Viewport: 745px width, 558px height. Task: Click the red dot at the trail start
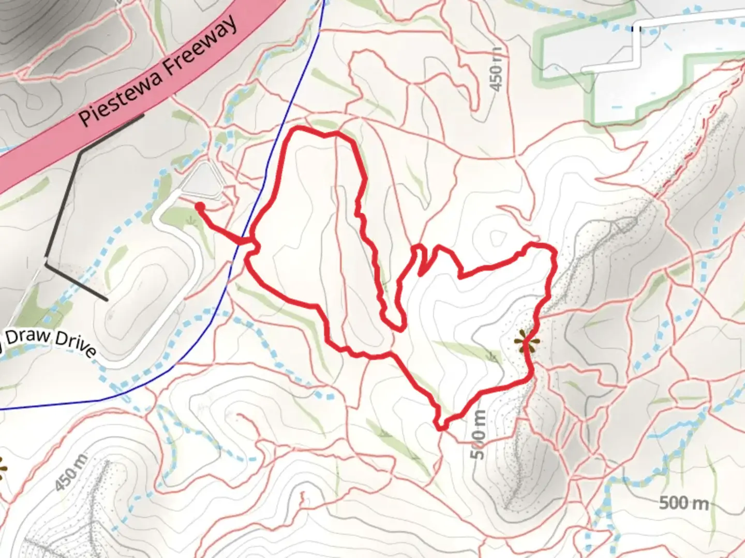click(200, 207)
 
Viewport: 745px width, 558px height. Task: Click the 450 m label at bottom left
click(71, 473)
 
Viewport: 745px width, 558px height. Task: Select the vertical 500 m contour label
click(479, 434)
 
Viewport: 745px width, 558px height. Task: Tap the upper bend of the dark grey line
click(81, 153)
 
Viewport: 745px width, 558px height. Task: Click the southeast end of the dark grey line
click(106, 299)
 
